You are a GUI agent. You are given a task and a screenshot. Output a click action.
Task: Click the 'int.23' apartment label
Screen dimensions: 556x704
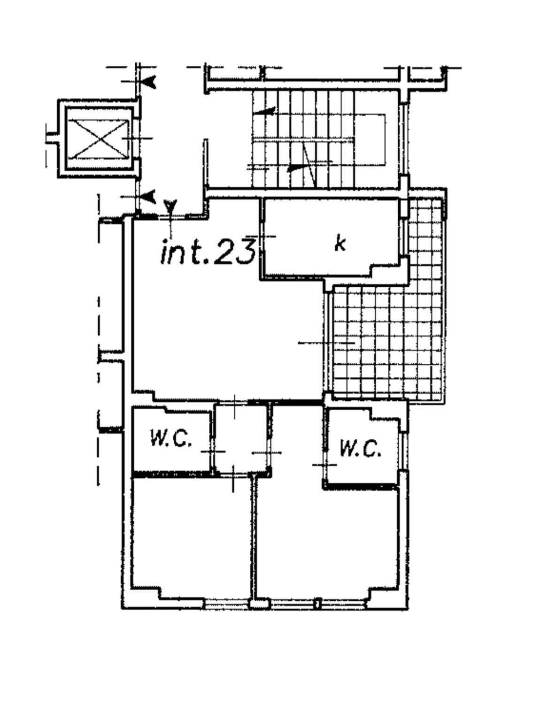click(208, 252)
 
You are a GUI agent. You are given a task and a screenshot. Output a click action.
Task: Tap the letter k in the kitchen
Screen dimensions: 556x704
click(340, 244)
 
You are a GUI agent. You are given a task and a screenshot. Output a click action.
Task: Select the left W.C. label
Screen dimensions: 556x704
click(170, 437)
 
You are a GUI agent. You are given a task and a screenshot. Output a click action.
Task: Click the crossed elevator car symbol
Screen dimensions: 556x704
click(99, 138)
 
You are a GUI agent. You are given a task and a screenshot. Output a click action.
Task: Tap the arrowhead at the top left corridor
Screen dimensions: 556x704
click(148, 82)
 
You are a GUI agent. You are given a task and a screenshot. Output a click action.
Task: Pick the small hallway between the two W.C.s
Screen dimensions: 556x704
click(242, 438)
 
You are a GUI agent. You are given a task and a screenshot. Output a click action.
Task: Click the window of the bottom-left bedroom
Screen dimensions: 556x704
click(228, 603)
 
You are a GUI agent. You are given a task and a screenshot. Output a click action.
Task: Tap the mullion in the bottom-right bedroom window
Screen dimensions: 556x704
click(317, 603)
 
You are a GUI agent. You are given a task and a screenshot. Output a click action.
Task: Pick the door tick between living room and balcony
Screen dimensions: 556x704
click(326, 343)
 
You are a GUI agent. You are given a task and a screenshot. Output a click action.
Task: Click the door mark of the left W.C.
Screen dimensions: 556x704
click(213, 452)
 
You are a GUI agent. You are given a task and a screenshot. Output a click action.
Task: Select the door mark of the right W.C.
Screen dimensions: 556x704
click(324, 465)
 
